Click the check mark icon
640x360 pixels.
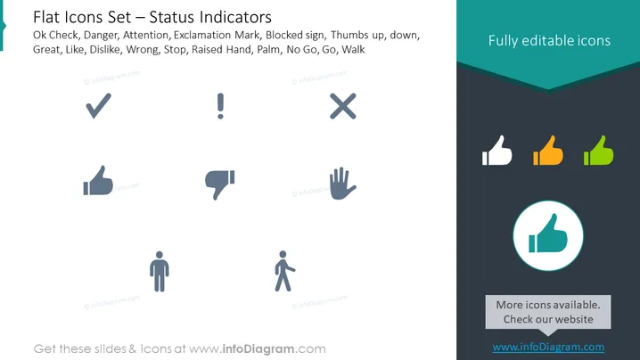tap(98, 107)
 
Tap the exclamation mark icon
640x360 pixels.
tap(220, 106)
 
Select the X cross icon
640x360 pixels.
tap(343, 106)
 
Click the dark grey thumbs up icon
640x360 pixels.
tap(98, 181)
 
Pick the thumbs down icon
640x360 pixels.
tap(219, 184)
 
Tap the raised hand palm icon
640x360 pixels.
tap(342, 184)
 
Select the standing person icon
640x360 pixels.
tap(160, 272)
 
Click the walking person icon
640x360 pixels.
tap(284, 271)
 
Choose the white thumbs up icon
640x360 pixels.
tap(496, 151)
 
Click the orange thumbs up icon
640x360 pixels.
tap(548, 151)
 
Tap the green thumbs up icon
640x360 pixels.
tap(598, 151)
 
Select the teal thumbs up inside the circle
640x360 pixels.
tap(548, 233)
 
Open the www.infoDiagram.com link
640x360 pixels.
tap(548, 347)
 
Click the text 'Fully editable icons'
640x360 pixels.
tap(549, 40)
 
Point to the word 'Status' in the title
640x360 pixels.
tap(172, 17)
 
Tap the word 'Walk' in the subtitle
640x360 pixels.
tap(353, 49)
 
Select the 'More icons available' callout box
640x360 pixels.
tap(548, 312)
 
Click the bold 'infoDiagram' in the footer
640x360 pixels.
tap(258, 349)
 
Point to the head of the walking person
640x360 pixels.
tap(283, 254)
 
